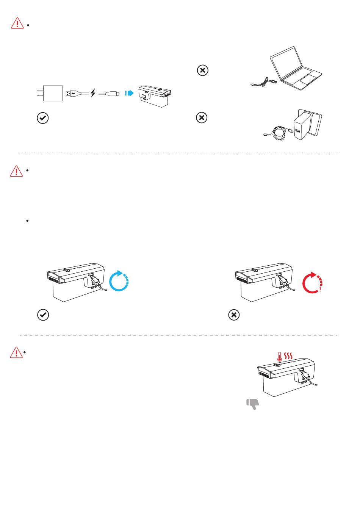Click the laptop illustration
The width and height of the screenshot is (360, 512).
click(x=296, y=68)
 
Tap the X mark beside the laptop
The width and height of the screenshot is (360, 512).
click(x=203, y=70)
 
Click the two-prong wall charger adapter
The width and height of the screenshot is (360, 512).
click(x=52, y=93)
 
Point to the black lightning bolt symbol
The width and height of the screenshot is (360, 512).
click(x=93, y=93)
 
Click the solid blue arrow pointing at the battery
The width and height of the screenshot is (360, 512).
click(x=129, y=93)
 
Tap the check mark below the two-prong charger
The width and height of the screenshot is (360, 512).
click(x=43, y=118)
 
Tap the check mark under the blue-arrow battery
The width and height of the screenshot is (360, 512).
click(x=43, y=315)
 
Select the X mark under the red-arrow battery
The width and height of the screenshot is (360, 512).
click(x=234, y=315)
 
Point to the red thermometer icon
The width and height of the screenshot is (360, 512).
click(x=279, y=356)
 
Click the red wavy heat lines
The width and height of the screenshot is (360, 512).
click(x=289, y=355)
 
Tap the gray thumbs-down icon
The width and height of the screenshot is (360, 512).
click(x=252, y=404)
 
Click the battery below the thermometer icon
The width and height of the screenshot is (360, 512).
click(x=285, y=379)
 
